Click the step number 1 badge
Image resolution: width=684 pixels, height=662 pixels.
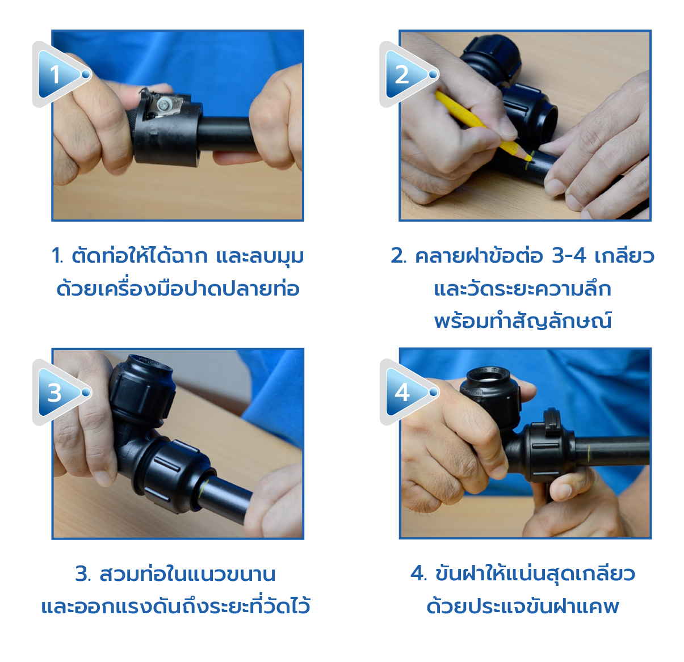(x=60, y=74)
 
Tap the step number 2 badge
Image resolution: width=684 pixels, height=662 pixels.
(x=407, y=74)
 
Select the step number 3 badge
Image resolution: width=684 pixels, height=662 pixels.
(x=60, y=393)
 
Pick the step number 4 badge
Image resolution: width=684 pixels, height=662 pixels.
(x=407, y=392)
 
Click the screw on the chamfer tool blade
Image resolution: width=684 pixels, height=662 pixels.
(x=164, y=104)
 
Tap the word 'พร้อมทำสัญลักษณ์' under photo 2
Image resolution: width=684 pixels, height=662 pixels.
(x=523, y=321)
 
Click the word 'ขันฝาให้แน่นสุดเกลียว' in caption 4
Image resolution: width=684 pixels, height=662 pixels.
(x=535, y=574)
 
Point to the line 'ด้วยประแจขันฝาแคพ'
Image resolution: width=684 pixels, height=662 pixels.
(x=522, y=606)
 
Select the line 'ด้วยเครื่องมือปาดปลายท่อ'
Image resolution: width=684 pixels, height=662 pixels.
(x=178, y=288)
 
